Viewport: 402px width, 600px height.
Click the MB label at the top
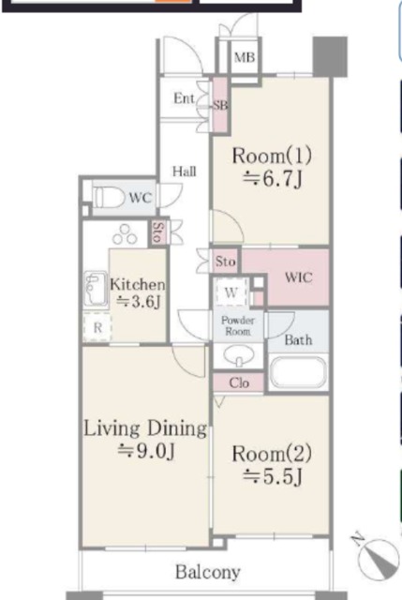pos(245,57)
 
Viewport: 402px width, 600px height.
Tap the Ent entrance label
pos(184,98)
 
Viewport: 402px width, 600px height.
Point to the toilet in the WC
pos(110,198)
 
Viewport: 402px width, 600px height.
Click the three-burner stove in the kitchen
pos(125,235)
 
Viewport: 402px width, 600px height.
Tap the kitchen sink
pos(96,289)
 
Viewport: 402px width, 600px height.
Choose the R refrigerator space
pos(97,327)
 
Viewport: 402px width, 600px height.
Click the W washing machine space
pos(231,292)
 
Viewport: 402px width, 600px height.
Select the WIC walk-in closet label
pos(299,277)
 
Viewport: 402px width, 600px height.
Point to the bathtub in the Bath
pos(298,373)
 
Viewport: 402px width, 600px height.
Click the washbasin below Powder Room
pos(239,356)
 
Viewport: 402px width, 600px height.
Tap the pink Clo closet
pos(239,382)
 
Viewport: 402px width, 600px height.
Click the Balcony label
pos(208,573)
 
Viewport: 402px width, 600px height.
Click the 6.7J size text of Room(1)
pos(273,178)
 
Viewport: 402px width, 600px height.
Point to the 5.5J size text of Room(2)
pos(273,476)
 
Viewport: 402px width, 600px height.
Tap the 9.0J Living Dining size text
pos(146,451)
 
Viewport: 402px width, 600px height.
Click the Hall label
pos(185,172)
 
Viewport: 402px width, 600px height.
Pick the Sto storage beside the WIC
pos(226,262)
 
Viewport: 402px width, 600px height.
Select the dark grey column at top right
pos(330,56)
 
